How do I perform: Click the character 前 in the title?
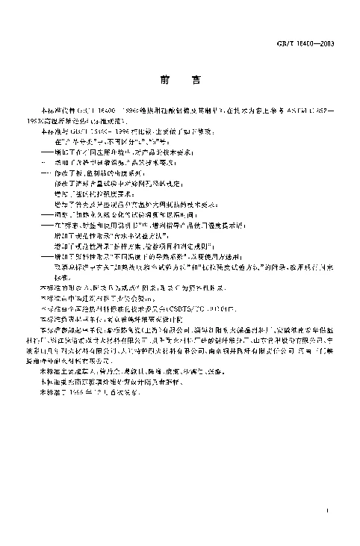[164, 77]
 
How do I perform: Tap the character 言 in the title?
[196, 77]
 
